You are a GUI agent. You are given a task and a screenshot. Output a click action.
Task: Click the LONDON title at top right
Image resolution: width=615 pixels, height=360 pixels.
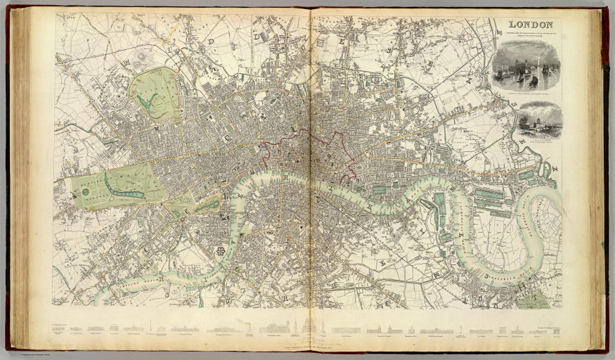pos(532,24)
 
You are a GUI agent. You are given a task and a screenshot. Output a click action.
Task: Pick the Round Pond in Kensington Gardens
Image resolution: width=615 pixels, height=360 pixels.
pos(85,191)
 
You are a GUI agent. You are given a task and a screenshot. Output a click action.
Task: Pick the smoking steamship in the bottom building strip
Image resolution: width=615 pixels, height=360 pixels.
pos(248,327)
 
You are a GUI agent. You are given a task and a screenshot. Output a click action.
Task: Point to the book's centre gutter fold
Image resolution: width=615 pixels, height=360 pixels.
pos(310,176)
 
